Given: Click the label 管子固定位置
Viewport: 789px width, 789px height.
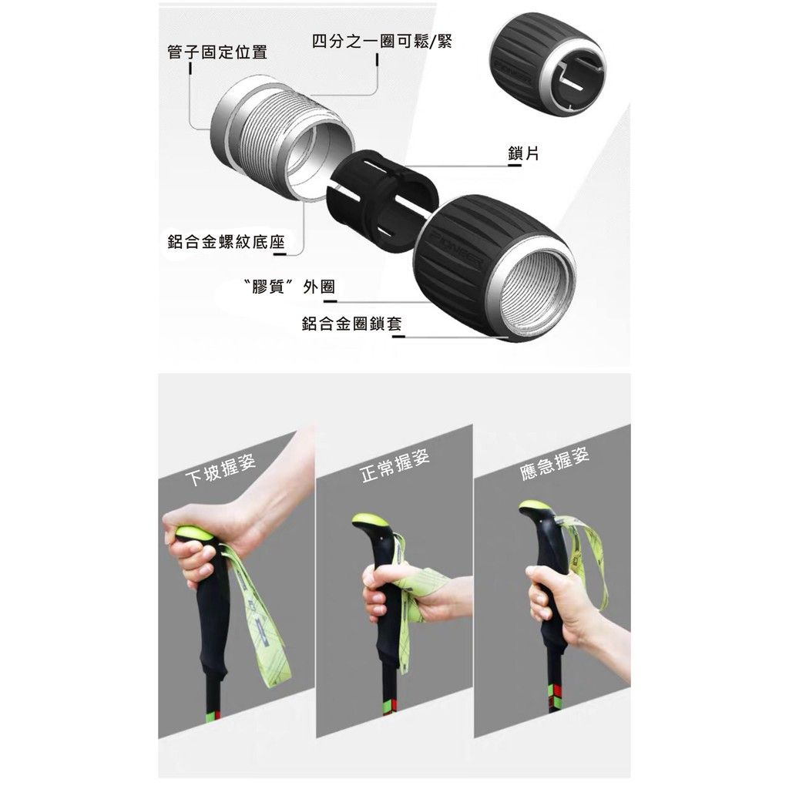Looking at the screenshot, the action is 217,52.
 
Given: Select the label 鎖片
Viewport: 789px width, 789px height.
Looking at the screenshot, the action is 523,153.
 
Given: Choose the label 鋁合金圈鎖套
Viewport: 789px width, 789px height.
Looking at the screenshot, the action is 351,324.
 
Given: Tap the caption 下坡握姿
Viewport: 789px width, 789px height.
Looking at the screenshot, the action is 221,469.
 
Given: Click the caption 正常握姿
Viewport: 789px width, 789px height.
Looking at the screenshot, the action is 395,465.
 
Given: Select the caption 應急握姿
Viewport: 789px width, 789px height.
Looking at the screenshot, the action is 554,463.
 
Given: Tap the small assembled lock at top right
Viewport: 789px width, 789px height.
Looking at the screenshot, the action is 548,65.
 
